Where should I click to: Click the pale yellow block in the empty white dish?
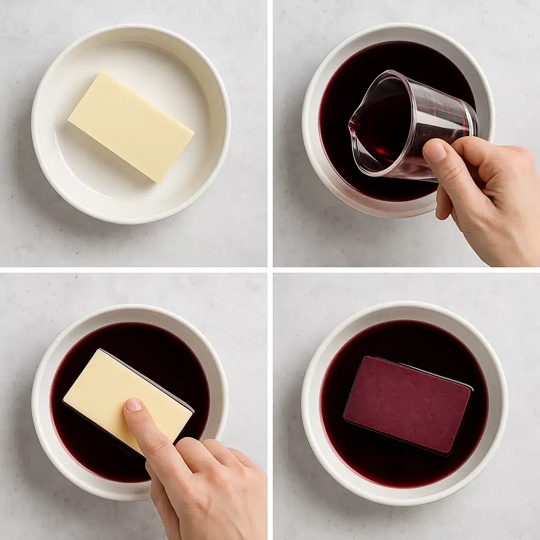pyautogui.click(x=131, y=127)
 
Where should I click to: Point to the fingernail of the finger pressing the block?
pyautogui.click(x=133, y=405)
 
